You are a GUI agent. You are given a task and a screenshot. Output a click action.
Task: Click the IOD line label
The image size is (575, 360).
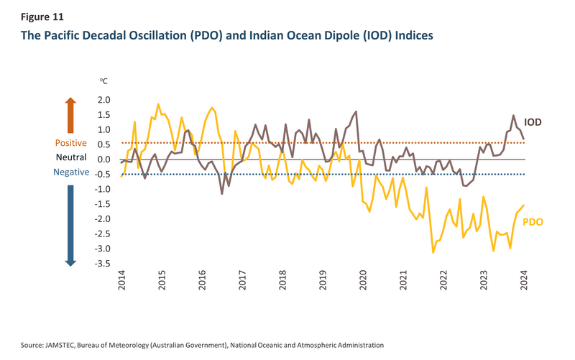coord(532,122)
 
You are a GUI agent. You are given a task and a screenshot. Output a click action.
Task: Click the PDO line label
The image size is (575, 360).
coord(532,222)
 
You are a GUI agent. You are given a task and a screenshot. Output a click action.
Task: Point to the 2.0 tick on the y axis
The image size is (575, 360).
coord(105,100)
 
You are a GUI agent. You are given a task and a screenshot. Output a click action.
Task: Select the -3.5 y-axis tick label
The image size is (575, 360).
coord(103,264)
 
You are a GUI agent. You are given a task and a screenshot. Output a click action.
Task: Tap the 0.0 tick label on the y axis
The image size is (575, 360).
coord(105,160)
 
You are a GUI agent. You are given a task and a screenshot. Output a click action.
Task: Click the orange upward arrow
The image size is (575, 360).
coord(70,115)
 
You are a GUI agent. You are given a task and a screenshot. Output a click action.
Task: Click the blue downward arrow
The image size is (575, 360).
coord(70,224)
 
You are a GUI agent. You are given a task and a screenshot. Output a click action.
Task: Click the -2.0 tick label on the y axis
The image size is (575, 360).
coord(103,219)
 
